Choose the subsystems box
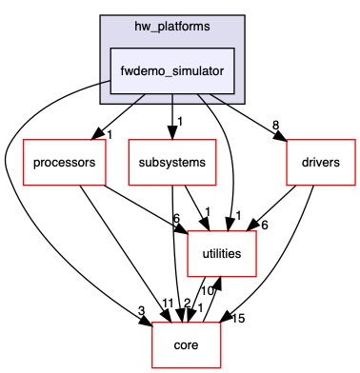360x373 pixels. (171, 162)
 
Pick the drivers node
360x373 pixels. (313, 162)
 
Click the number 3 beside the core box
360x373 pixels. (141, 310)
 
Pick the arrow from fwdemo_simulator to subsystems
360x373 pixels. (171, 119)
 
